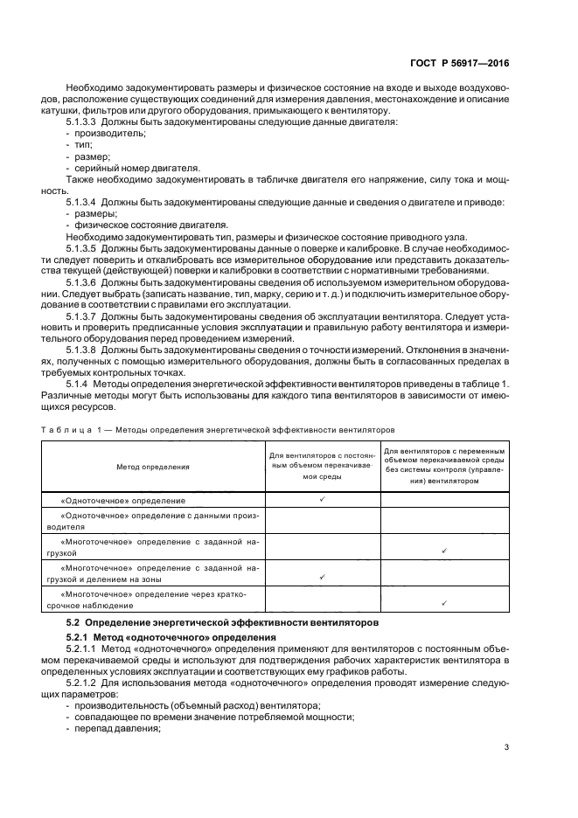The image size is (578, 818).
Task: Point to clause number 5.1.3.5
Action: tap(81, 249)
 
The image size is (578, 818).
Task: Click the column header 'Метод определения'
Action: tap(153, 467)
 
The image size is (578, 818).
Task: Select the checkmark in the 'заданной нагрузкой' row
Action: tap(445, 551)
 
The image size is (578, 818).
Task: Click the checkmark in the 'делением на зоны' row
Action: tap(323, 577)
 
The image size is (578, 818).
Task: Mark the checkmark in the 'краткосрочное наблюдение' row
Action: tap(445, 603)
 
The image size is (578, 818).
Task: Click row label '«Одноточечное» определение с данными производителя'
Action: tap(153, 522)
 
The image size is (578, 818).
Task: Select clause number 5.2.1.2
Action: tap(81, 683)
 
